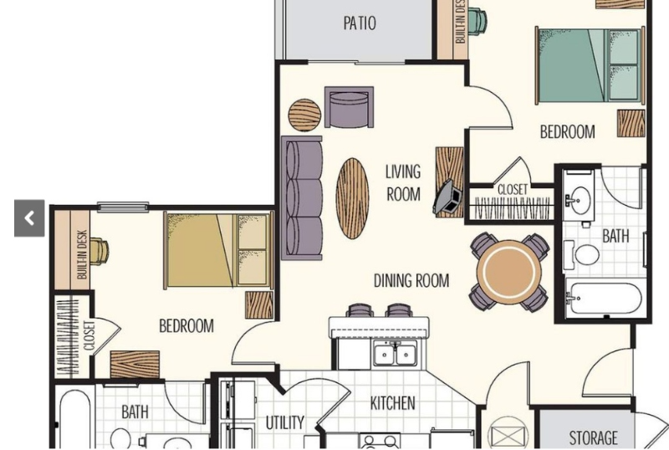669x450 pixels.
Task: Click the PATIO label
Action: click(360, 23)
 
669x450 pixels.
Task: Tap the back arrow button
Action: click(29, 219)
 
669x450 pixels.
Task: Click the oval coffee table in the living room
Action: click(352, 197)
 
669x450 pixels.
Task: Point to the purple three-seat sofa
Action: click(302, 197)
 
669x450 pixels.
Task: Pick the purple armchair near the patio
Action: click(348, 108)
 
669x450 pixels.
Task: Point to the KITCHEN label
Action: click(392, 404)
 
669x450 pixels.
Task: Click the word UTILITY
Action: click(285, 422)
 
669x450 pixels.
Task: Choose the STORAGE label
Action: click(593, 437)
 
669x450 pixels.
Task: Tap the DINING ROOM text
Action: click(411, 281)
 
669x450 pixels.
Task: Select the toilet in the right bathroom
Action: click(586, 252)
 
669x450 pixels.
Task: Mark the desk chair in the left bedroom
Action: click(99, 251)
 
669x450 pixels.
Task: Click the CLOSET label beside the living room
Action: click(512, 190)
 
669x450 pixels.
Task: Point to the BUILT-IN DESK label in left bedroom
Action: click(82, 254)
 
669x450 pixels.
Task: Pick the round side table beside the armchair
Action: click(304, 115)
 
